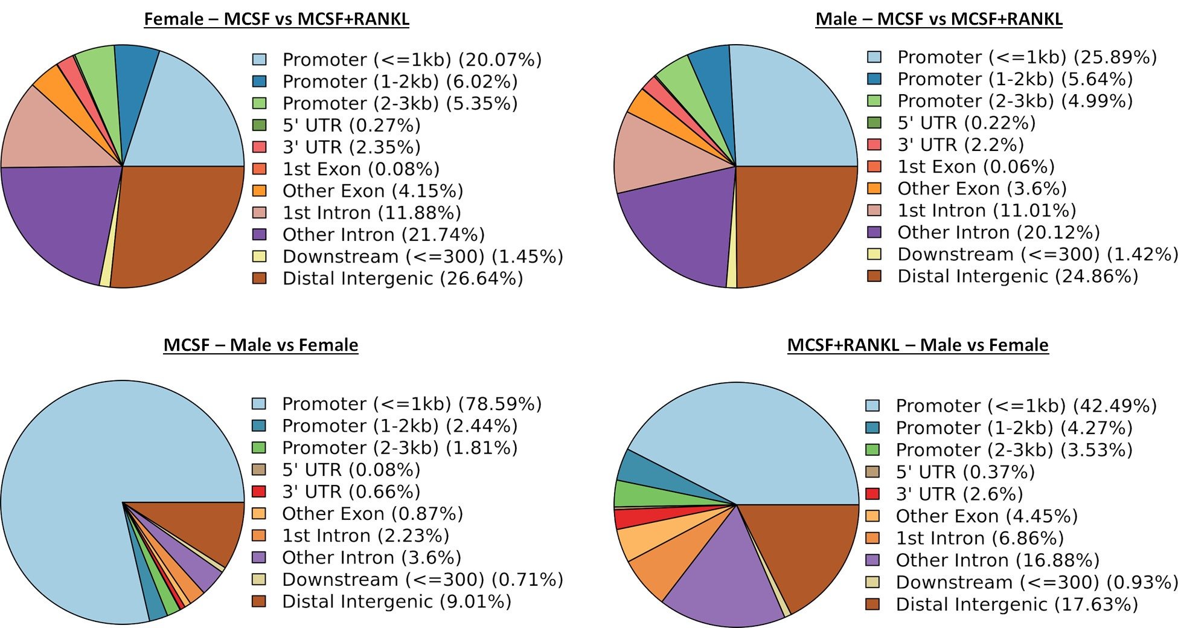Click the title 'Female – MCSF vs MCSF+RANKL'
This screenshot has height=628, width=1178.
[x=277, y=19]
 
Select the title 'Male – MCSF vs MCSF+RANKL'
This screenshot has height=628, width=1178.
[x=939, y=19]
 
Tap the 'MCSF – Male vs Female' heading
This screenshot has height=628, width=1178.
[x=261, y=345]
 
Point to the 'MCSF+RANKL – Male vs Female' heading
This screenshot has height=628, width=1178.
[x=918, y=345]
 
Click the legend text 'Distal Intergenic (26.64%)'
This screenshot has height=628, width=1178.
[x=403, y=279]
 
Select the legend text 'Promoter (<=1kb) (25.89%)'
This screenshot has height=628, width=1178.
[x=1026, y=57]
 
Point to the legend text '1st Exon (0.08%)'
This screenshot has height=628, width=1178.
[x=360, y=169]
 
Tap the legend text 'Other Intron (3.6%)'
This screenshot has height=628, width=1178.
[x=371, y=557]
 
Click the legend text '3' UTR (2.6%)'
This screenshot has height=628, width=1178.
[x=959, y=494]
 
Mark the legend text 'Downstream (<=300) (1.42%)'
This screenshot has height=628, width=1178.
[x=1037, y=254]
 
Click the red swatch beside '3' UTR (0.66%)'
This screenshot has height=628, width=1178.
[x=259, y=492]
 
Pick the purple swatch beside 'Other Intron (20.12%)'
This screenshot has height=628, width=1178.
[x=874, y=232]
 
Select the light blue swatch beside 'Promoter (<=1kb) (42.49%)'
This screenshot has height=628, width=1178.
[x=872, y=406]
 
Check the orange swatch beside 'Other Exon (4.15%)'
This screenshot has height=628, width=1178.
[x=259, y=191]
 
